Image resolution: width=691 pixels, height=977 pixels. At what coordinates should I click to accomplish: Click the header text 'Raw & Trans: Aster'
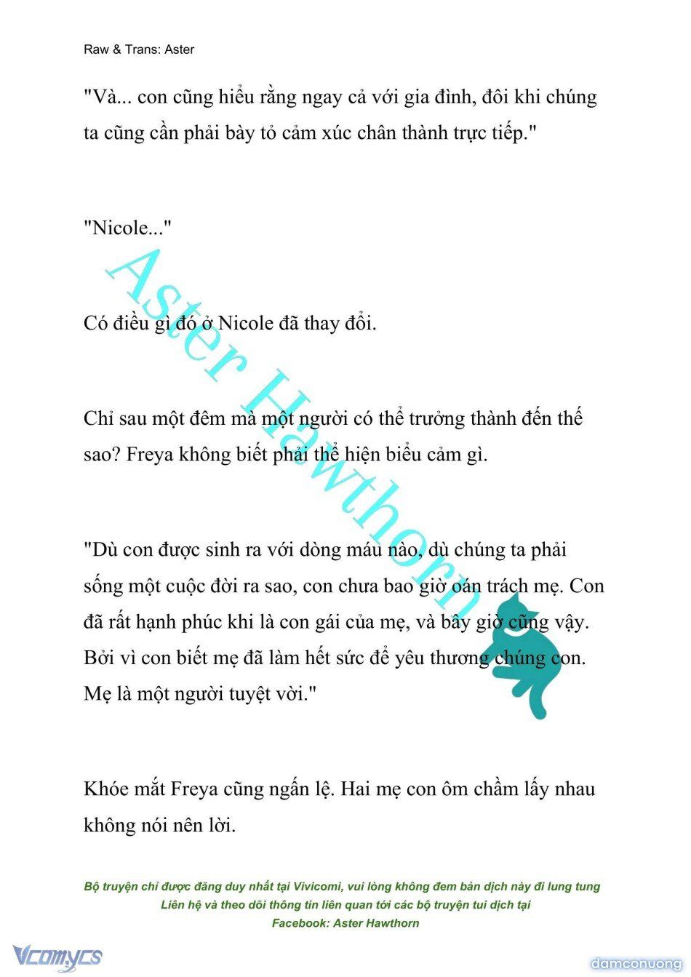[x=139, y=49]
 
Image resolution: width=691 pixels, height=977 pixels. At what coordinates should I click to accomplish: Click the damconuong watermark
[x=636, y=963]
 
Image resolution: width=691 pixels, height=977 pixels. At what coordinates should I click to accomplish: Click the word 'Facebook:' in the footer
[x=300, y=922]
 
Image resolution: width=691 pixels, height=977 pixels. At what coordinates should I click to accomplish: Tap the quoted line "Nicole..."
[x=127, y=228]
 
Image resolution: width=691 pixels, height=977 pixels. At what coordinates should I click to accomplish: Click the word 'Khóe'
[x=105, y=789]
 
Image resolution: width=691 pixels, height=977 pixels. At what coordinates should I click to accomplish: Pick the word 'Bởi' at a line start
[x=99, y=658]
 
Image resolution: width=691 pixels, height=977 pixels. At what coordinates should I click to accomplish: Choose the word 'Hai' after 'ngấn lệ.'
[x=356, y=789]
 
